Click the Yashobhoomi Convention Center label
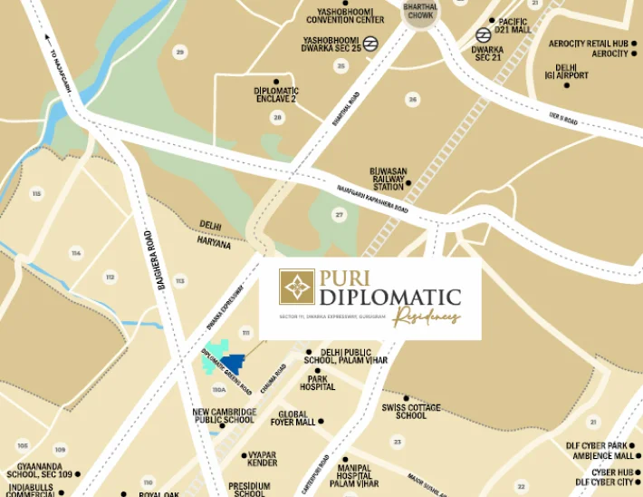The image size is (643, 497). tap(345, 15)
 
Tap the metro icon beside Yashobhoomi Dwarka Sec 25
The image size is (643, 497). tap(369, 43)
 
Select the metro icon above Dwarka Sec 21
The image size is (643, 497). tap(484, 35)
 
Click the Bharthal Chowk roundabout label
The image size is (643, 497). tap(419, 11)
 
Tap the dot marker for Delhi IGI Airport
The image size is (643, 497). tap(566, 85)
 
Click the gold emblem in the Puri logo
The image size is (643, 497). tap(296, 287)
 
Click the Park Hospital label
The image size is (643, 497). tap(317, 382)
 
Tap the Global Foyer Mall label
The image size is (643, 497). tap(292, 417)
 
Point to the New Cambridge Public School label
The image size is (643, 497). tap(224, 415)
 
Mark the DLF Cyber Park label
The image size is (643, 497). tap(597, 445)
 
